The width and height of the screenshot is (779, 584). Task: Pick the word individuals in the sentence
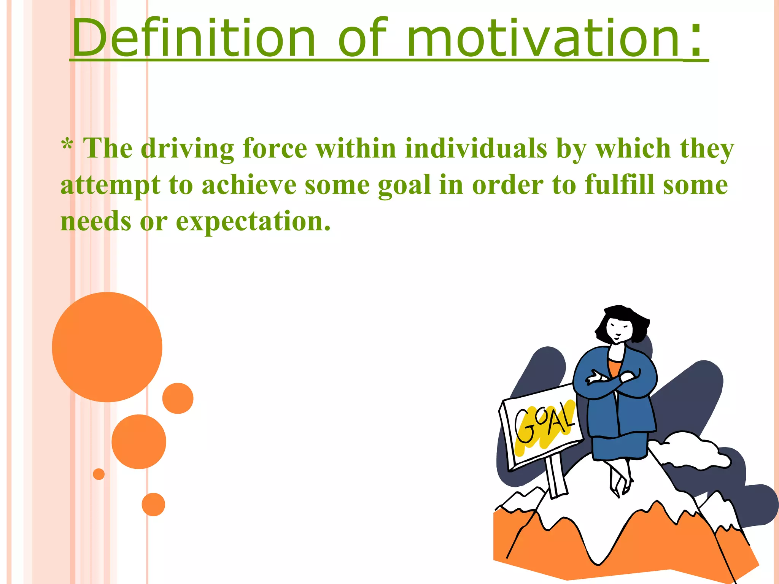click(x=476, y=148)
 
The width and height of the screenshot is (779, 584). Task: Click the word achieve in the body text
click(x=249, y=185)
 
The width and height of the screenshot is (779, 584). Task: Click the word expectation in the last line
click(x=253, y=222)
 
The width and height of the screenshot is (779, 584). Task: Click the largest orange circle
click(x=107, y=347)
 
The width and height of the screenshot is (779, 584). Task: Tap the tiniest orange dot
click(x=99, y=474)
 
